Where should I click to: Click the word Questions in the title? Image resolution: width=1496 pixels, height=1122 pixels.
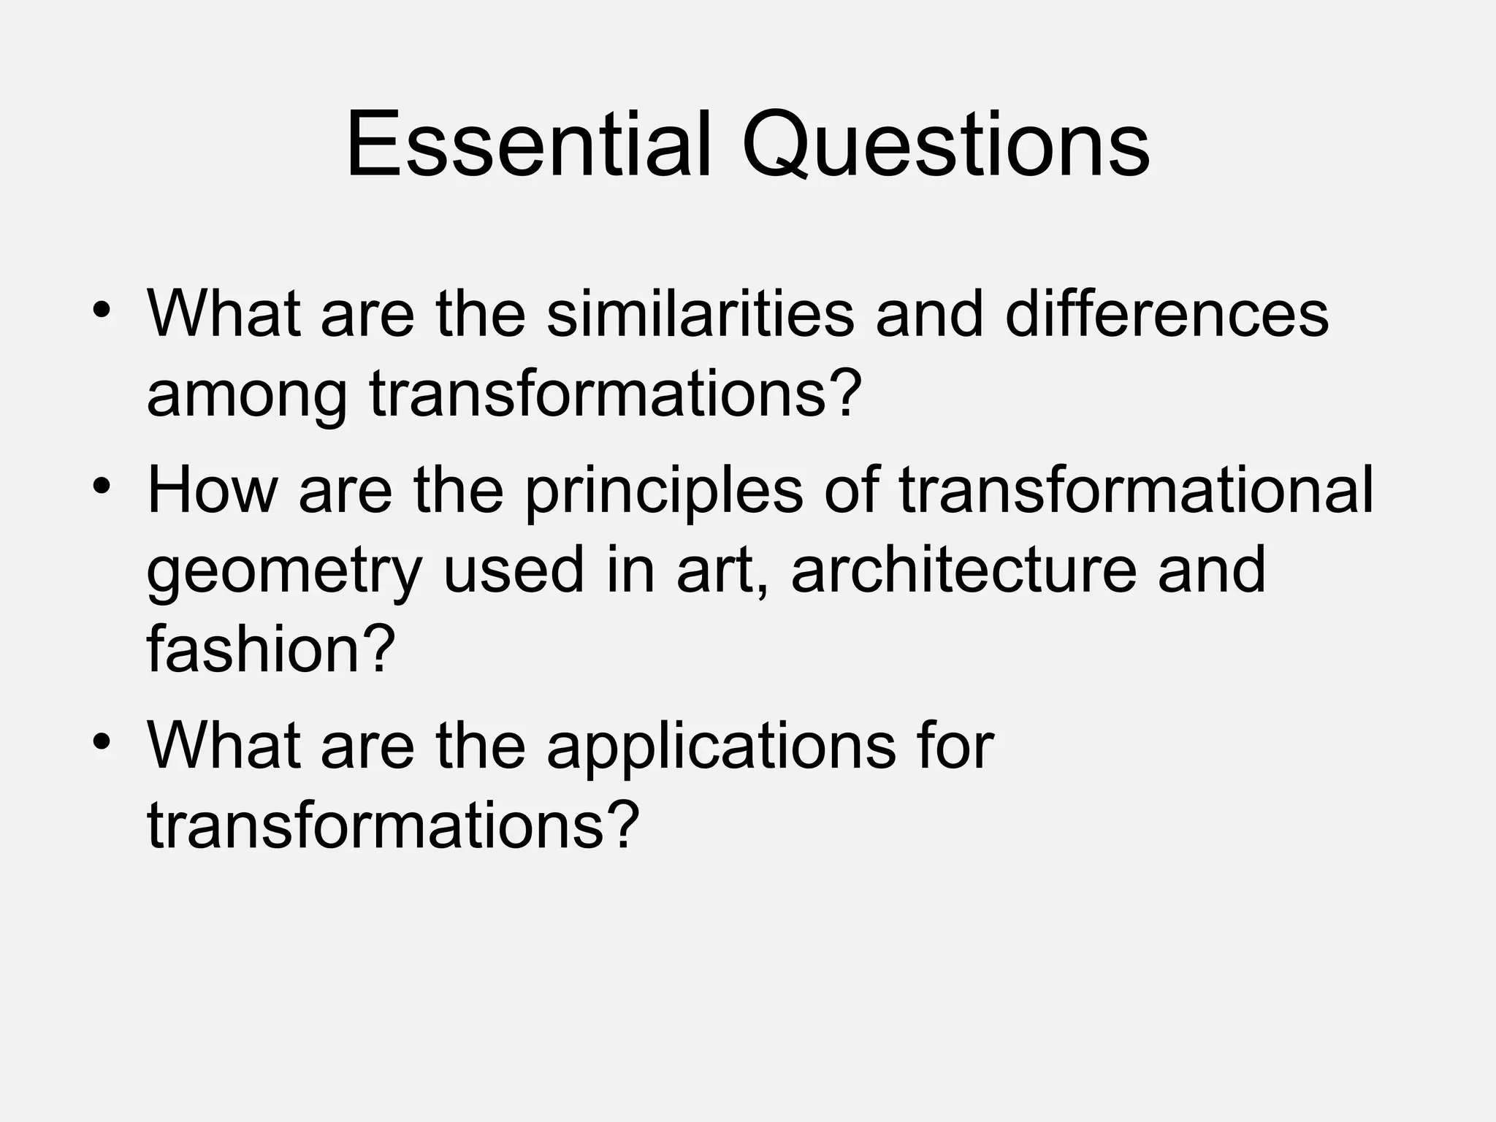[945, 146]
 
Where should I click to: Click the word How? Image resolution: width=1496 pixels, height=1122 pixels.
[213, 490]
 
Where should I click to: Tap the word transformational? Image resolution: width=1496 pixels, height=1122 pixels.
[1136, 490]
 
